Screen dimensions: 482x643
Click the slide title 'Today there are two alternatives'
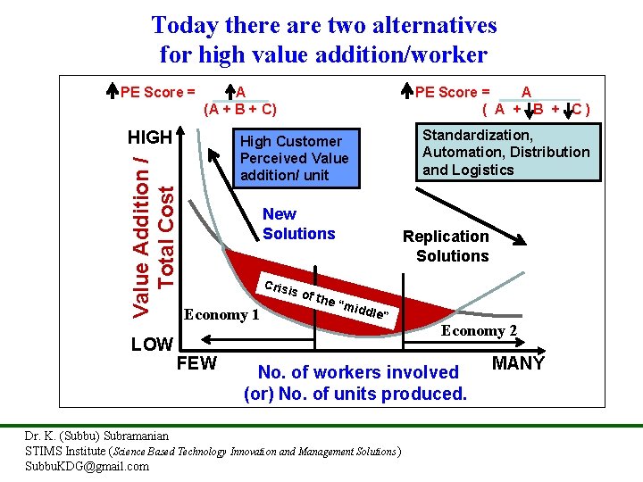pyautogui.click(x=323, y=24)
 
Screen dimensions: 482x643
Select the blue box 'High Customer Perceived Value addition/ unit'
pyautogui.click(x=294, y=158)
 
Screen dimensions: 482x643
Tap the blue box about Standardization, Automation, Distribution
pyautogui.click(x=505, y=153)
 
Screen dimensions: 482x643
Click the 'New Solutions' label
pyautogui.click(x=298, y=224)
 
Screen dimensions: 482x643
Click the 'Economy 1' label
pyautogui.click(x=221, y=314)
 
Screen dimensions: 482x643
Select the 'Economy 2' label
pyautogui.click(x=479, y=330)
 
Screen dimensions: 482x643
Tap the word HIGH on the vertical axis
pyautogui.click(x=149, y=137)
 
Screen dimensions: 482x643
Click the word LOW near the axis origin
pyautogui.click(x=152, y=345)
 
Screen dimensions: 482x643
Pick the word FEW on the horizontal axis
pyautogui.click(x=196, y=364)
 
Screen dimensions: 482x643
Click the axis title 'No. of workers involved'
pyautogui.click(x=357, y=372)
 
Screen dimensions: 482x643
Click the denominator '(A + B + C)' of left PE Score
pyautogui.click(x=240, y=110)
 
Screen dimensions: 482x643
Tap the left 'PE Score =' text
pyautogui.click(x=158, y=91)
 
